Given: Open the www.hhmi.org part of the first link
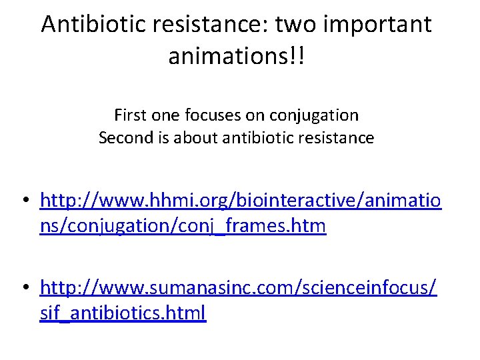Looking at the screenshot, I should [x=143, y=201].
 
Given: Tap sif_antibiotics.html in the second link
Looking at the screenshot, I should [x=123, y=313].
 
